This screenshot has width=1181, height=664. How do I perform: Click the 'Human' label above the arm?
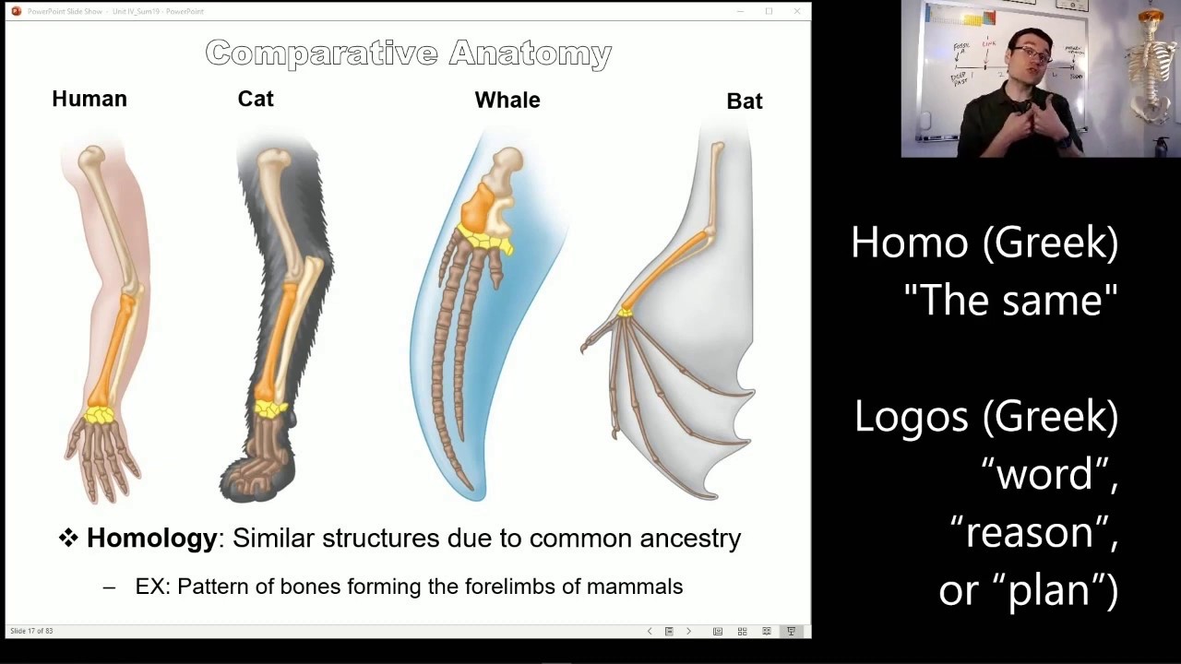[x=89, y=100]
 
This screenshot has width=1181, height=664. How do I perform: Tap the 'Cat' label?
[x=256, y=100]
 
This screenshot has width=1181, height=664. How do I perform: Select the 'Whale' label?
[x=507, y=101]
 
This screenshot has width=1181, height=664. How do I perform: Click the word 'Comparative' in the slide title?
[x=321, y=53]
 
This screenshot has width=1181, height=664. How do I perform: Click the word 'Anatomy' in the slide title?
[x=531, y=53]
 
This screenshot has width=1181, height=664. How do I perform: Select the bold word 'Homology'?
[x=151, y=539]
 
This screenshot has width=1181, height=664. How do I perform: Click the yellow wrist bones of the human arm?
[x=100, y=414]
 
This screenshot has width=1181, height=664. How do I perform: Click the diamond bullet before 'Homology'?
[x=68, y=539]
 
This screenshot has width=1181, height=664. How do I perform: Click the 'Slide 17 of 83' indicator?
[x=31, y=631]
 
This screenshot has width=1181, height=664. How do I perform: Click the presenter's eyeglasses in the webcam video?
[x=1033, y=54]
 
